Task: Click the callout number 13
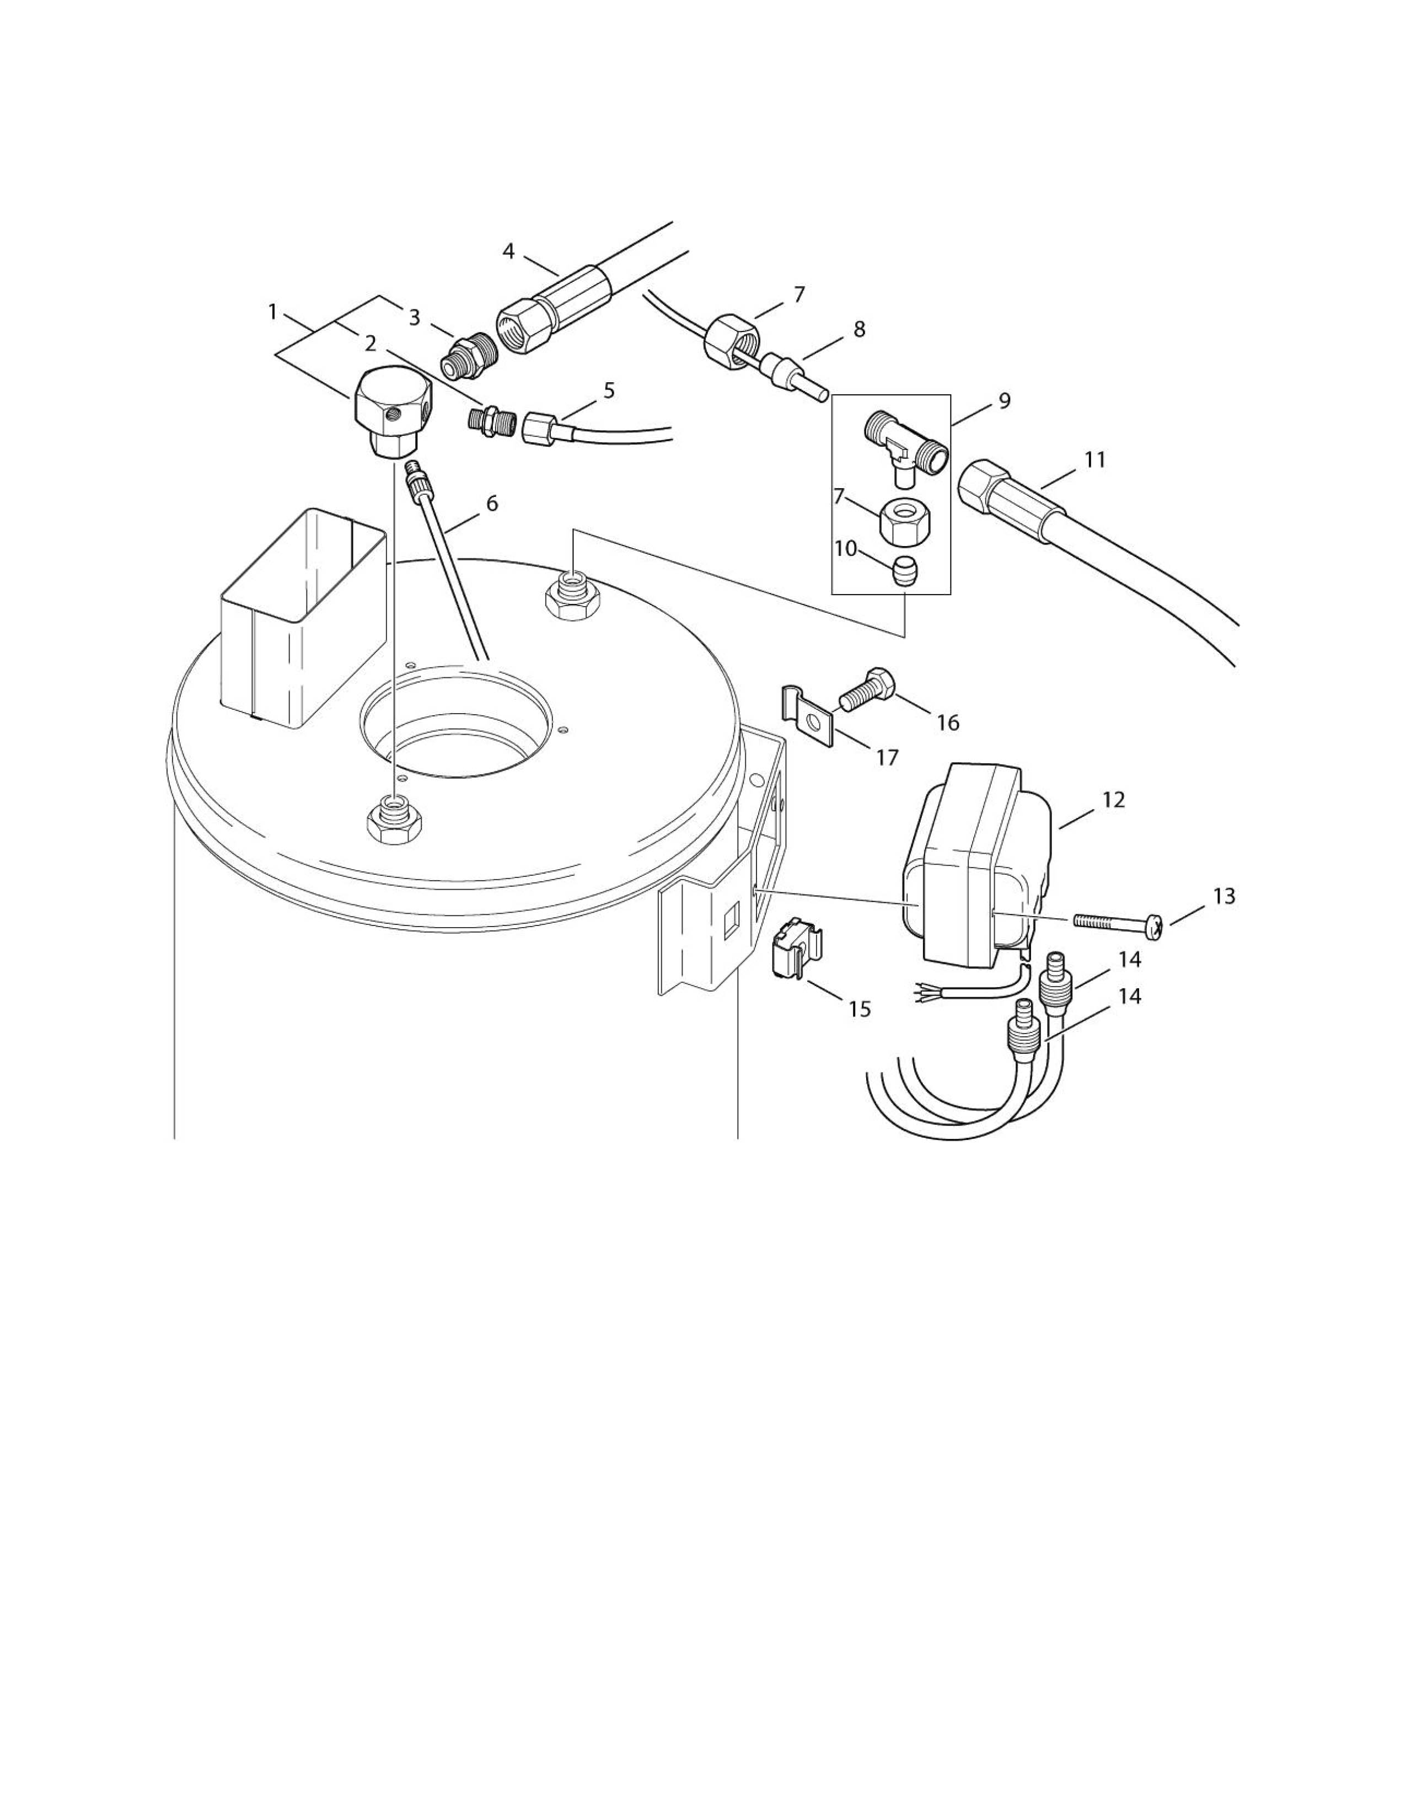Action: click(x=1223, y=897)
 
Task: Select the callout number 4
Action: click(x=508, y=251)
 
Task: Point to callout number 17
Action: click(x=887, y=757)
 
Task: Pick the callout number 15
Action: click(x=860, y=1009)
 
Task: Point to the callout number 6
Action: click(x=491, y=504)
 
